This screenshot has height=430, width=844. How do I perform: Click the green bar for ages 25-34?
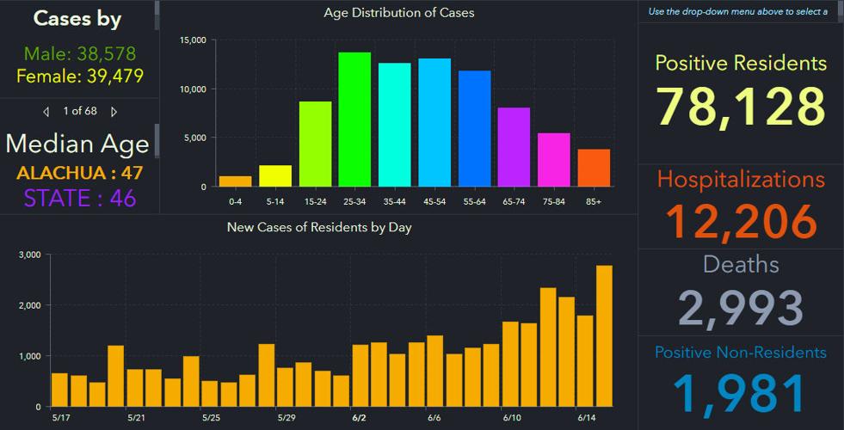click(354, 120)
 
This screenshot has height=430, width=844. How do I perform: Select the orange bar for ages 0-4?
click(235, 181)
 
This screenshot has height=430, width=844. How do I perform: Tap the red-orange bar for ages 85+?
click(594, 168)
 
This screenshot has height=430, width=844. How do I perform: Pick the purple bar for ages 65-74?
click(514, 147)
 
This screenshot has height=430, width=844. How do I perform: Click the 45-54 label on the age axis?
click(434, 201)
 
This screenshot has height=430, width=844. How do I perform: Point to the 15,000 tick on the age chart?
click(190, 40)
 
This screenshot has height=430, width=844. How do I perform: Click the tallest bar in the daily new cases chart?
click(604, 335)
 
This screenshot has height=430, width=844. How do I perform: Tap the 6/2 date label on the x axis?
click(359, 418)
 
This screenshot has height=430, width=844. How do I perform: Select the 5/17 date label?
click(60, 418)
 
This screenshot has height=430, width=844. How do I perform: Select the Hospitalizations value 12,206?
click(741, 220)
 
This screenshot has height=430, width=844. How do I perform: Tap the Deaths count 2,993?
click(741, 307)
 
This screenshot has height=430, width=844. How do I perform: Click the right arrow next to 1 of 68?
click(114, 112)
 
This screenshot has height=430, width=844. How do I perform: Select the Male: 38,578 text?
click(79, 53)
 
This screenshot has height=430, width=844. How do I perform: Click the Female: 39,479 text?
click(79, 77)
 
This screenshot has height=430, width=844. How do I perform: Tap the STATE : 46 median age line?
click(79, 198)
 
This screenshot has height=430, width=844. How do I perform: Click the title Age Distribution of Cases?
click(398, 13)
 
